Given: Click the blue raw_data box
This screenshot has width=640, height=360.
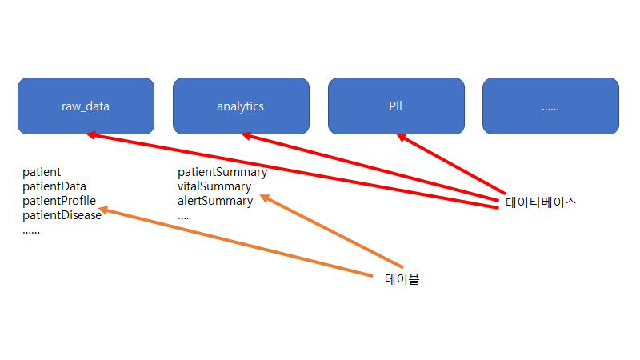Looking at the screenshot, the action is [86, 106].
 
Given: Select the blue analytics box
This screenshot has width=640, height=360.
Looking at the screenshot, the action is [240, 106].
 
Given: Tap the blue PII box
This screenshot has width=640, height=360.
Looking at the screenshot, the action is [395, 106].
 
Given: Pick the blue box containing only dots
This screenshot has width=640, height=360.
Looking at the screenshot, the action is [550, 106].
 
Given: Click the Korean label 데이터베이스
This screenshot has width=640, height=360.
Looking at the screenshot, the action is [541, 202].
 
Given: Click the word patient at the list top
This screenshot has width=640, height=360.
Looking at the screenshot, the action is [42, 172].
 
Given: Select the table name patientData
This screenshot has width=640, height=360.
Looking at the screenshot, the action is [54, 186].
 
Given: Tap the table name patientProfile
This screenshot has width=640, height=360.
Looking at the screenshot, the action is [59, 201].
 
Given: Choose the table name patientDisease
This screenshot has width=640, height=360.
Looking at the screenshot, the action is [62, 215].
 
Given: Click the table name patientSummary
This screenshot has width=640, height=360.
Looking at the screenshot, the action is [222, 172].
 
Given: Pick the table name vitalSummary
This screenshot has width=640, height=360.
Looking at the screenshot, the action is [214, 186].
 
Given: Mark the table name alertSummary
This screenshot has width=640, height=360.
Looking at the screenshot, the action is [215, 201].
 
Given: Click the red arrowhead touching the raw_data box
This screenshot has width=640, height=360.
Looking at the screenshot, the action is [92, 135].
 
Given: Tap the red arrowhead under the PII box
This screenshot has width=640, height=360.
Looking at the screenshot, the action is [402, 138].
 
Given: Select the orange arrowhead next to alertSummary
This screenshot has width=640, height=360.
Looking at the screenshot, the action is [266, 197].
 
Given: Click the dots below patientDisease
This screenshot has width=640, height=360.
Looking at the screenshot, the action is [31, 230].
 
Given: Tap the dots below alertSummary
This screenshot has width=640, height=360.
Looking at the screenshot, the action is [185, 216].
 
